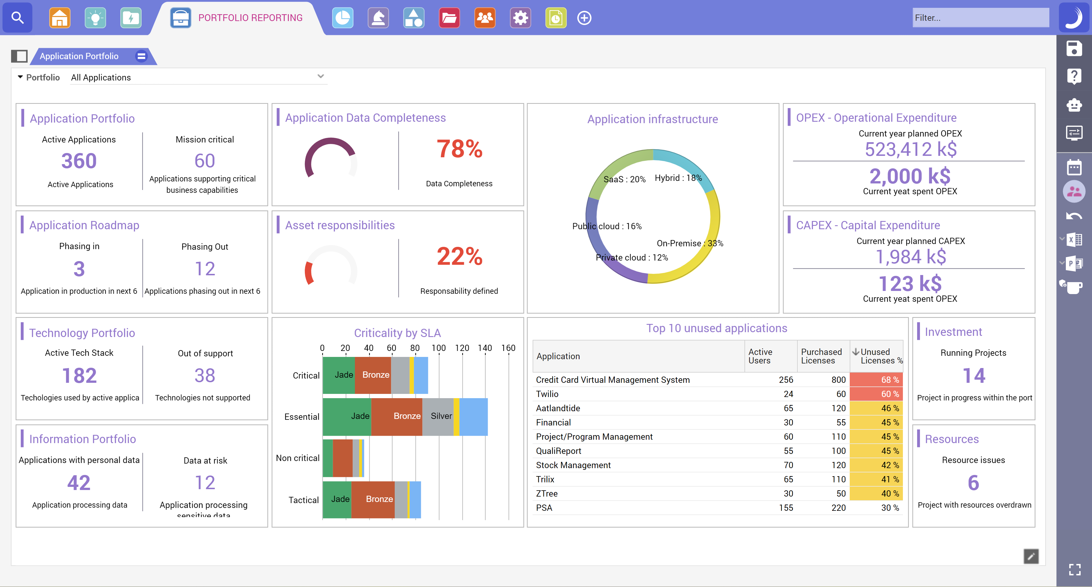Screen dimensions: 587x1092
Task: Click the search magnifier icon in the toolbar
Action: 17,18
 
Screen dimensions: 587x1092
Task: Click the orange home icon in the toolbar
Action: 60,18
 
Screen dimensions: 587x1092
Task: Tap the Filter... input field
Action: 980,18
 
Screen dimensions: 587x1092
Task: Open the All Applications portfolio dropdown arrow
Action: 320,76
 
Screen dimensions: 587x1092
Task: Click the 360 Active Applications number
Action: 79,161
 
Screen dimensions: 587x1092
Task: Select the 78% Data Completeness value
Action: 460,149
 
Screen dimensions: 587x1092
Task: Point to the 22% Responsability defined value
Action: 460,257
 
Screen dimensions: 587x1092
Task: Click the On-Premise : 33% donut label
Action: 690,243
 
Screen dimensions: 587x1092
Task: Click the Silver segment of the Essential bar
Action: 440,416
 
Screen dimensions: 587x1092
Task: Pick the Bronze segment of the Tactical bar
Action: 379,499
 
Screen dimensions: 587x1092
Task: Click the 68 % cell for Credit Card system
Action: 876,380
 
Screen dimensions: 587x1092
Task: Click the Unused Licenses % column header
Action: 877,356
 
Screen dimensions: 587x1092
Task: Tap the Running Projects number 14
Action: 974,376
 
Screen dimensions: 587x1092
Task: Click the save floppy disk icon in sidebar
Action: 1074,48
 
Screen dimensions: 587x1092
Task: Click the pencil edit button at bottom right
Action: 1031,556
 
